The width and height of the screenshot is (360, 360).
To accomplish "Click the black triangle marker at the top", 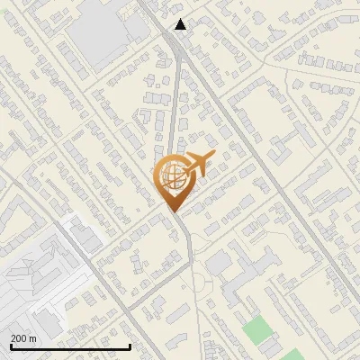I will point(181,24).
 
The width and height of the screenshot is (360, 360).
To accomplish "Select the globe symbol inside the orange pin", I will point(174,176).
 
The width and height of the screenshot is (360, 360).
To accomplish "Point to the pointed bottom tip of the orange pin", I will point(174,211).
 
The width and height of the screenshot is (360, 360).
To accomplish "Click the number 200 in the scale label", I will point(20,338).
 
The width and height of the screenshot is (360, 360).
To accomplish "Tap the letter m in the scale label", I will point(33,338).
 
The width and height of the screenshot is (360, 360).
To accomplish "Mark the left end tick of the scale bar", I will point(11,346).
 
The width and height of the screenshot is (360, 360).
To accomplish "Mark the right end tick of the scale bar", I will point(130,346).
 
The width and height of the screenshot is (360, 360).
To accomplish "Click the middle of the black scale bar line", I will point(70,347).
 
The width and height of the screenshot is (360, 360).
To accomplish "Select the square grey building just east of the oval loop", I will point(219,263).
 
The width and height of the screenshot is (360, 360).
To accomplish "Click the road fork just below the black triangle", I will point(177,45).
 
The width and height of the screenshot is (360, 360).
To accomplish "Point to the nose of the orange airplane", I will point(214,156).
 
